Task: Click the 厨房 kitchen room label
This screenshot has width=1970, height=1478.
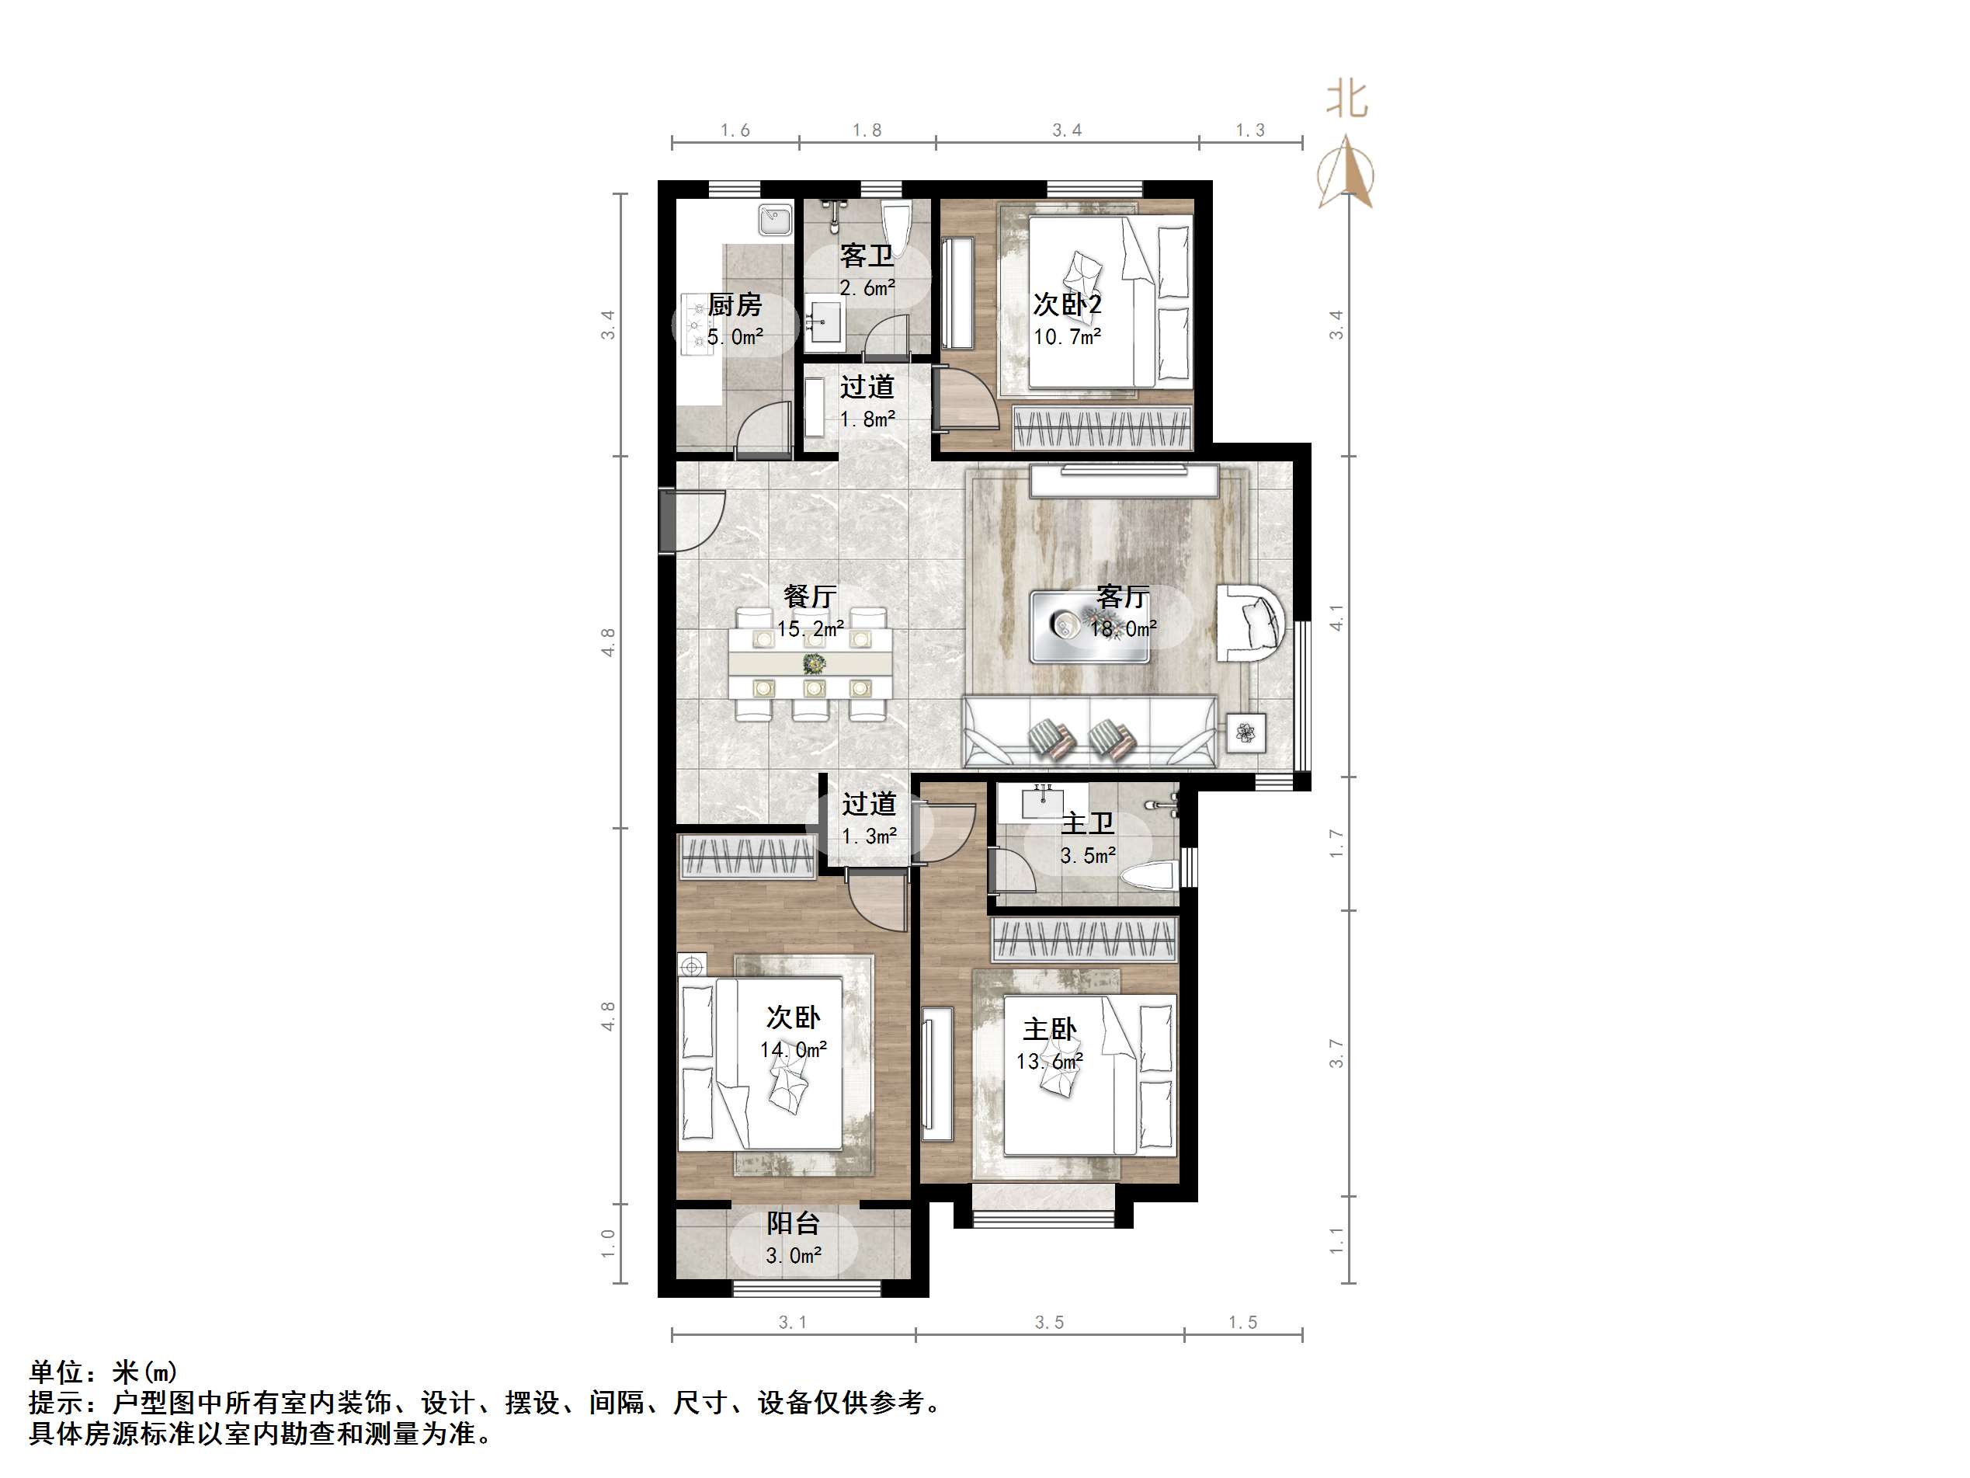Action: pyautogui.click(x=735, y=305)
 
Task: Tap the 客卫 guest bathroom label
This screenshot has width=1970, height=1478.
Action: pyautogui.click(x=867, y=256)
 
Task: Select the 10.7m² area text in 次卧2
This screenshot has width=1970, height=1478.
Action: pyautogui.click(x=1067, y=337)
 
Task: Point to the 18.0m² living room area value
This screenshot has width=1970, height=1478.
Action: pyautogui.click(x=1123, y=629)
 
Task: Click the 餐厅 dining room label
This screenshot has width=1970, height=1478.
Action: pyautogui.click(x=810, y=596)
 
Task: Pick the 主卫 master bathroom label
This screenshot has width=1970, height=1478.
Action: pyautogui.click(x=1087, y=823)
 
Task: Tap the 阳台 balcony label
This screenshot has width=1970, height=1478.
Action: pyautogui.click(x=793, y=1223)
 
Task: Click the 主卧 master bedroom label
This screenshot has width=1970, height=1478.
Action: pyautogui.click(x=1049, y=1030)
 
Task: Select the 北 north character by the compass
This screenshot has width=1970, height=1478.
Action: pyautogui.click(x=1346, y=99)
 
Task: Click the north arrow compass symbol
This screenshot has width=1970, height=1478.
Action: pyautogui.click(x=1346, y=174)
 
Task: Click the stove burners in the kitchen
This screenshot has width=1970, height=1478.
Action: pyautogui.click(x=696, y=325)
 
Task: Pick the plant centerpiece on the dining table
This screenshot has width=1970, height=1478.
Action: pyautogui.click(x=813, y=662)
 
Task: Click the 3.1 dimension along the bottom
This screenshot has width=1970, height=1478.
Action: pyautogui.click(x=792, y=1322)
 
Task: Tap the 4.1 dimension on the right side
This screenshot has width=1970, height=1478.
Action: pyautogui.click(x=1336, y=617)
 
